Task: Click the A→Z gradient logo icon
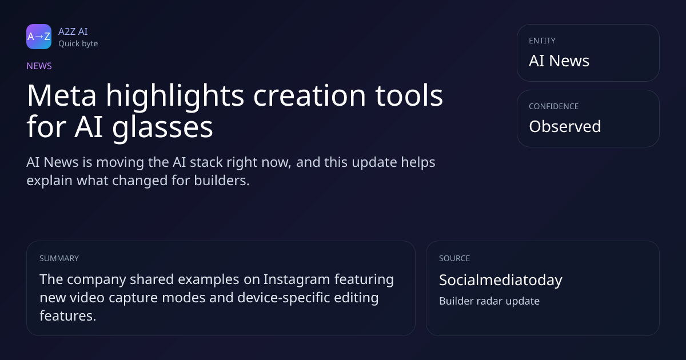click(x=39, y=37)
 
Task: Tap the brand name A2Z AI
click(x=73, y=31)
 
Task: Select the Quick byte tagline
click(x=78, y=44)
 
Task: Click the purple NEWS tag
click(x=39, y=66)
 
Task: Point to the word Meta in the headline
click(x=62, y=95)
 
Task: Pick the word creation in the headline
click(x=309, y=95)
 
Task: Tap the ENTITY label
click(x=542, y=41)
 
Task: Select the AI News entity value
click(x=559, y=61)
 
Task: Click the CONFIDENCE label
click(x=554, y=106)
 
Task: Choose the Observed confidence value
click(x=565, y=126)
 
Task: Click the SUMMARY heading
click(x=59, y=258)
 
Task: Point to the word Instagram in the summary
click(x=297, y=279)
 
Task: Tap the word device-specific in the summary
click(x=284, y=298)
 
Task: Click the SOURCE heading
click(x=454, y=258)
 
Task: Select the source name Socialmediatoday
click(x=501, y=280)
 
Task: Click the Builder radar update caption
click(x=489, y=301)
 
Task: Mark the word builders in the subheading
click(x=222, y=181)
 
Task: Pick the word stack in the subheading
click(x=206, y=162)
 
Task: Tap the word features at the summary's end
click(x=67, y=315)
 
